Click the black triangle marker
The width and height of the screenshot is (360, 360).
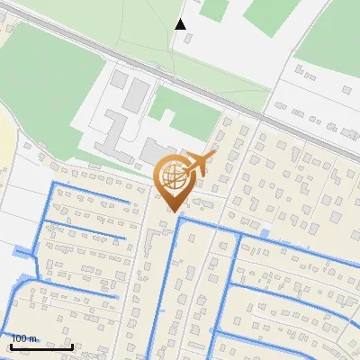click(180, 24)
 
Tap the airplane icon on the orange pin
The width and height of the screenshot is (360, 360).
click(197, 165)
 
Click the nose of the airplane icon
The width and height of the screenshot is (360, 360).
click(213, 154)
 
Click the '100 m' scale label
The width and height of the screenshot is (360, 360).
click(24, 338)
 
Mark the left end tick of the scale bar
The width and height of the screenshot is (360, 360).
click(11, 346)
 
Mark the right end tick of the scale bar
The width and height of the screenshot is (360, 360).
click(73, 346)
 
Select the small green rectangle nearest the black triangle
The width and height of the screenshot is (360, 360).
click(213, 10)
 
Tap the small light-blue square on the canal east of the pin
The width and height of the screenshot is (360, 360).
click(264, 234)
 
